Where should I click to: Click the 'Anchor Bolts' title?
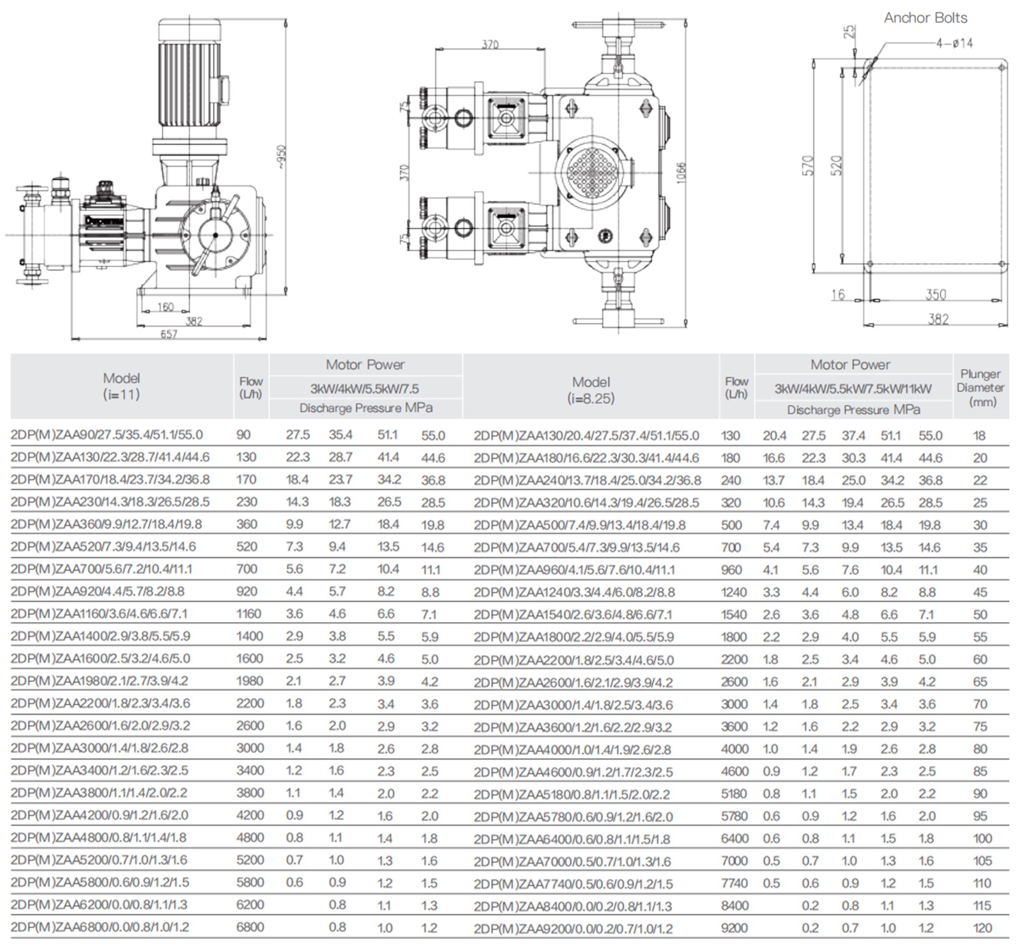click(925, 18)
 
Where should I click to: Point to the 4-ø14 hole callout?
click(954, 43)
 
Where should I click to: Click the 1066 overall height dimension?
click(681, 172)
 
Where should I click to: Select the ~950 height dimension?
click(281, 157)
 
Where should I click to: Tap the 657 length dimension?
click(169, 334)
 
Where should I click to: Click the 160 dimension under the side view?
click(165, 307)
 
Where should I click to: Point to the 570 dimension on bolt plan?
click(808, 165)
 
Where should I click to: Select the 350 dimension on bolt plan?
click(936, 294)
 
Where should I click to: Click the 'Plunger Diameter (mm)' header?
click(980, 388)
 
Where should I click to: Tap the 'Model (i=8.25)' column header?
click(591, 390)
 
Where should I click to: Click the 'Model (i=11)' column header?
click(121, 386)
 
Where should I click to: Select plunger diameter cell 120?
click(982, 928)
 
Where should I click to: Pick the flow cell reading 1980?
click(249, 681)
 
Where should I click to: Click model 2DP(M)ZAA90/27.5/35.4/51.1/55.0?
click(107, 435)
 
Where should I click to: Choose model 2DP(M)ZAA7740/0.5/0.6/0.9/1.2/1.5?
click(574, 884)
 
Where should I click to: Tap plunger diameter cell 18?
click(980, 436)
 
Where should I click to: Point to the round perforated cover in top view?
click(591, 171)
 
